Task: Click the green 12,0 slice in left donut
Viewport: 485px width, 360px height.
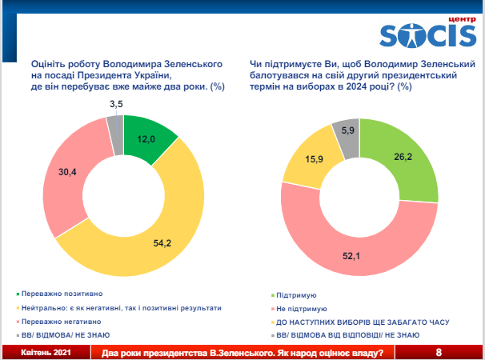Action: click(146, 138)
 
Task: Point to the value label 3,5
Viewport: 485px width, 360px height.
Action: click(114, 103)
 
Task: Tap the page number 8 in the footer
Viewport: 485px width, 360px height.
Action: click(439, 352)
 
